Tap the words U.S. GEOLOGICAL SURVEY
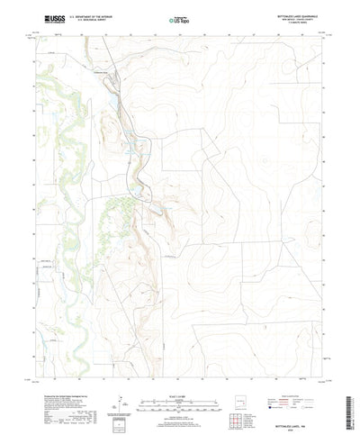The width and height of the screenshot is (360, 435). pyautogui.click(x=94, y=20)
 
